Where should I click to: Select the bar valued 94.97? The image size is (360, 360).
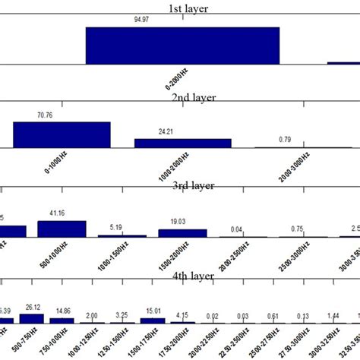182,46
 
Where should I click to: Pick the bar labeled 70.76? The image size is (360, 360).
62,134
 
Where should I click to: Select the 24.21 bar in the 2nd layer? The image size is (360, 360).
182,143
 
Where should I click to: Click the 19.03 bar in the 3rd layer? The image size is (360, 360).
182,233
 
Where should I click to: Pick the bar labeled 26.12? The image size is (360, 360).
33,315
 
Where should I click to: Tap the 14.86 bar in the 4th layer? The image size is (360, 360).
62,320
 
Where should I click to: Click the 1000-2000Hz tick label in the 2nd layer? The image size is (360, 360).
175,165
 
